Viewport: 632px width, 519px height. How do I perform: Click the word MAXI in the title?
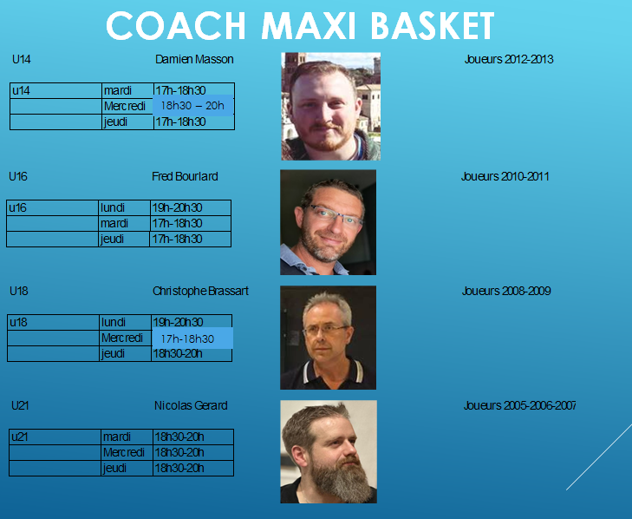[x=309, y=26]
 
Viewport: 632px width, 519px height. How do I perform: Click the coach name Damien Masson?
[x=194, y=59]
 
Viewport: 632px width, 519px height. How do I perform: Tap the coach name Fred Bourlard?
[x=185, y=176]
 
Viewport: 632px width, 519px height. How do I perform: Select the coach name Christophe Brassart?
[x=200, y=291]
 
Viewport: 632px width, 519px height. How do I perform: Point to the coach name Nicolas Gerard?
[x=191, y=405]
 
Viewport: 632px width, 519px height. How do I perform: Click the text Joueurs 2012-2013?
[x=509, y=59]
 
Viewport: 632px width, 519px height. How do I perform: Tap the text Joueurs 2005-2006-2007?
[x=519, y=405]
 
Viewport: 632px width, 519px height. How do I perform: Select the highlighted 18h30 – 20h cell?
[x=192, y=106]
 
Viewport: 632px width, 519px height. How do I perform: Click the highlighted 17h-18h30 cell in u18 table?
[x=192, y=338]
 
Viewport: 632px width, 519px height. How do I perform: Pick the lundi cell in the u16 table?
[x=124, y=207]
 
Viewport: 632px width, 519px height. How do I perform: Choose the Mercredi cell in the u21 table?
[x=127, y=452]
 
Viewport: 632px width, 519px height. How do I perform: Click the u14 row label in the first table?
[x=55, y=90]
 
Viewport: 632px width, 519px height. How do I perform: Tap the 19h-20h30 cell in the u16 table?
[x=190, y=207]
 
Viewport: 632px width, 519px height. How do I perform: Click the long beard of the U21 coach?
[x=341, y=479]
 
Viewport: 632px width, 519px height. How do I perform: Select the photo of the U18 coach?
[x=328, y=338]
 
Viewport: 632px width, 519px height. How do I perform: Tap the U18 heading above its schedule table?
[x=19, y=291]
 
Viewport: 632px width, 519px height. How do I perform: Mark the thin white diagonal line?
[x=599, y=457]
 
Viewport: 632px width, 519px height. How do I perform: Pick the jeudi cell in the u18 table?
[x=125, y=353]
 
